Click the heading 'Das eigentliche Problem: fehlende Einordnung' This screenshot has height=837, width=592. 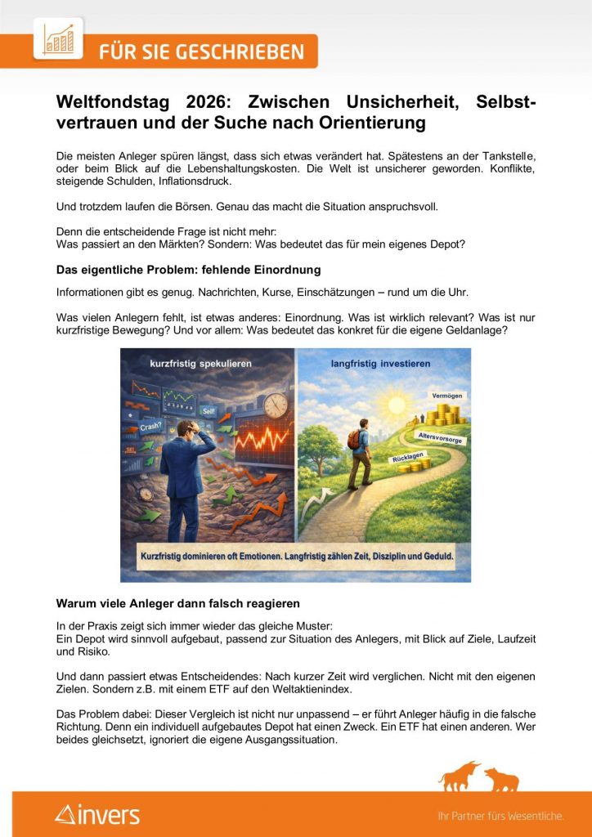tap(188, 270)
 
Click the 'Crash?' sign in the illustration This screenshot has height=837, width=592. tap(150, 426)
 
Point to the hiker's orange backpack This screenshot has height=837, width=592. tap(353, 440)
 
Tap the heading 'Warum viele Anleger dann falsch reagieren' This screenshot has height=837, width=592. tap(177, 603)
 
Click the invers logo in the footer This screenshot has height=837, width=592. tap(98, 814)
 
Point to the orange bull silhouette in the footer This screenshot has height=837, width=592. tap(460, 777)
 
